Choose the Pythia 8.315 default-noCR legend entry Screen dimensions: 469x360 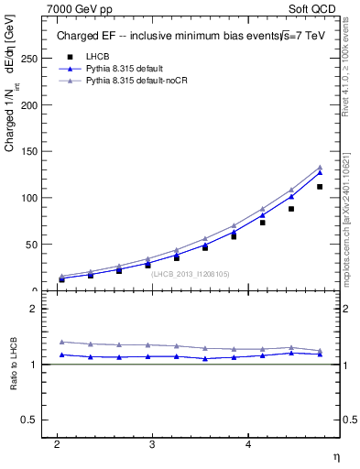pyautogui.click(x=132, y=81)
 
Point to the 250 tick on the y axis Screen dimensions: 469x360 pyautogui.click(x=30, y=58)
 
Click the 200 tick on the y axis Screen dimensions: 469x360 pyautogui.click(x=30, y=104)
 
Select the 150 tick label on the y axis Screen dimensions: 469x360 pyautogui.click(x=30, y=151)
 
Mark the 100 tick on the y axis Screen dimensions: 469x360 pyautogui.click(x=30, y=198)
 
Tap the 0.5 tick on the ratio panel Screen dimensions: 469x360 pyautogui.click(x=31, y=420)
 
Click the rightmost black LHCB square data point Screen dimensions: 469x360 pyautogui.click(x=320, y=187)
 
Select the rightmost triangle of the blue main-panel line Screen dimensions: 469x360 pyautogui.click(x=320, y=172)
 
